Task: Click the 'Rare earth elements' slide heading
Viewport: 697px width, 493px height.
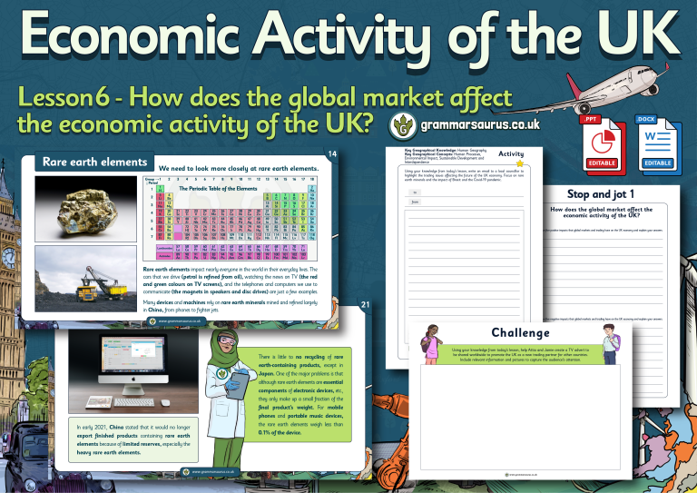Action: coord(94,163)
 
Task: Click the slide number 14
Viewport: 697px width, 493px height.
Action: coord(332,155)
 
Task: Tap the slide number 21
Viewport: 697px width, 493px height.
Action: coord(365,304)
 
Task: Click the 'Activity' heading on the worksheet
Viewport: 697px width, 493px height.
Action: coord(511,154)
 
